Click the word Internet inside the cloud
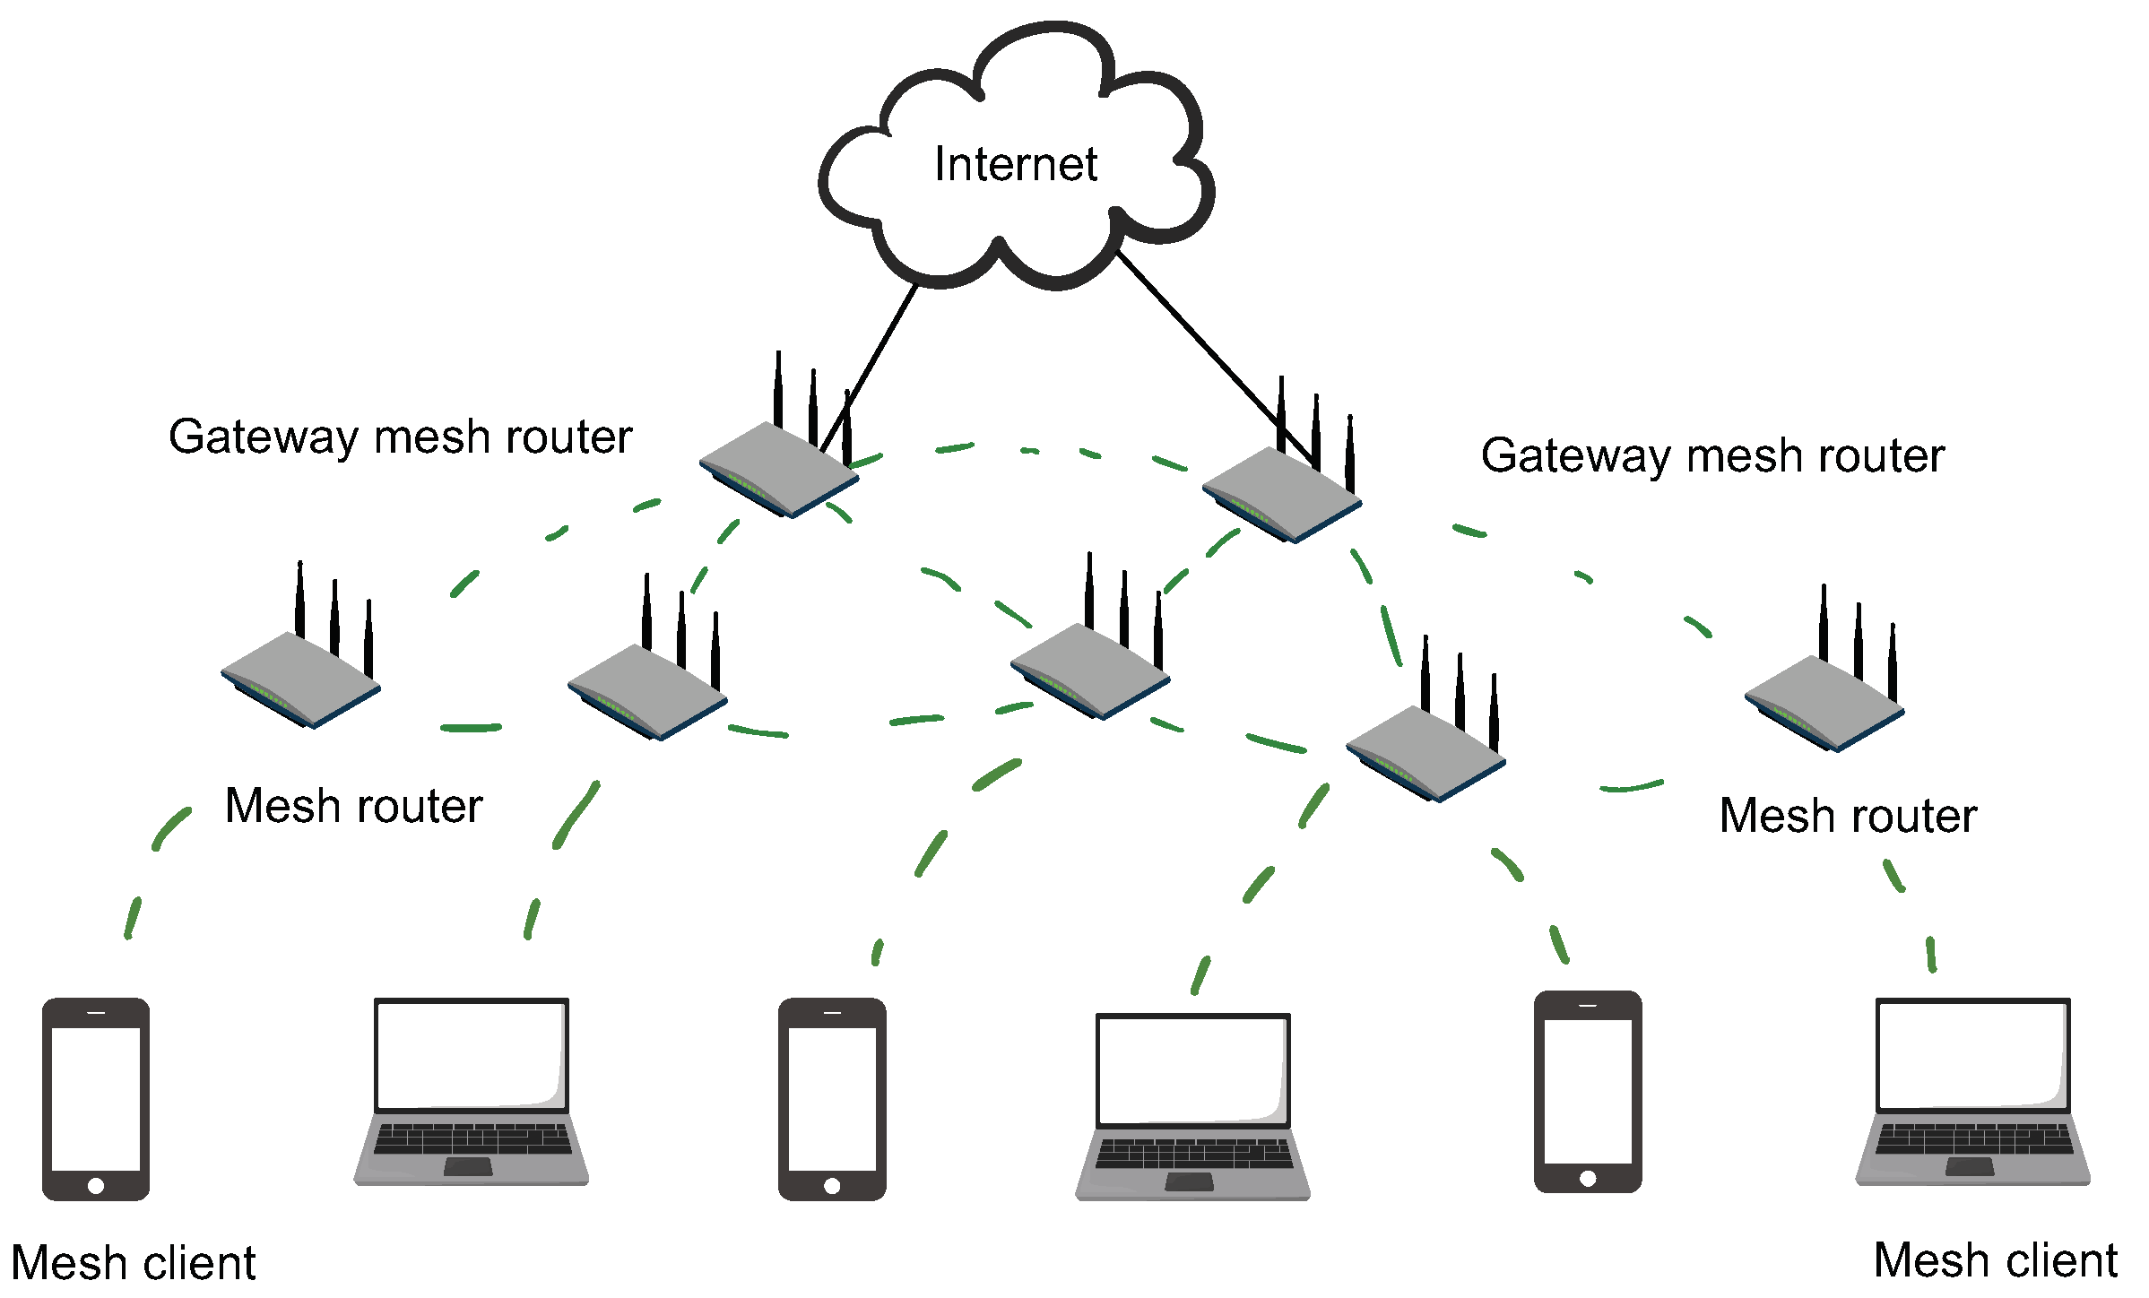click(x=1015, y=165)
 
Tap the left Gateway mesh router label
click(x=400, y=437)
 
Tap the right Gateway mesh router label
click(x=1712, y=455)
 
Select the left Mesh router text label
click(x=353, y=805)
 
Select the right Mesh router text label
click(x=1848, y=816)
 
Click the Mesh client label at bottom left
click(x=134, y=1263)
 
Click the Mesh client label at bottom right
click(x=1995, y=1260)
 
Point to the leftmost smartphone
click(x=96, y=1098)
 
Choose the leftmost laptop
click(x=472, y=1091)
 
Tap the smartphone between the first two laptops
click(x=832, y=1098)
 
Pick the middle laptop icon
click(x=1193, y=1106)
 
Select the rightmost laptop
click(x=1973, y=1091)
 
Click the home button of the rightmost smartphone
click(x=1588, y=1178)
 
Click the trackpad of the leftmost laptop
click(x=468, y=1166)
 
